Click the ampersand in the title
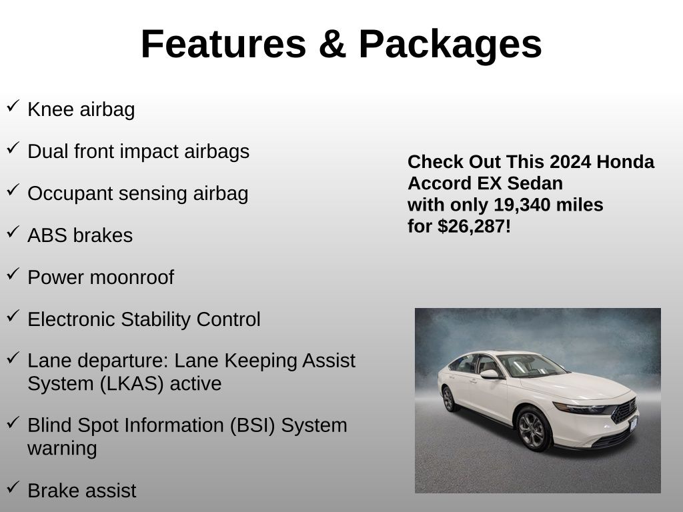(332, 44)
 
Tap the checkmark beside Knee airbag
(13, 106)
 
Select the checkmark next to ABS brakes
(13, 231)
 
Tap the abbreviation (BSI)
(253, 426)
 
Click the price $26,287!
(474, 227)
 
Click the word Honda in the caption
(625, 161)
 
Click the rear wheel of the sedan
(449, 399)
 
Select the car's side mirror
(490, 374)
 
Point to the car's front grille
(624, 411)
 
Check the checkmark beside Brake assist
(13, 487)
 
